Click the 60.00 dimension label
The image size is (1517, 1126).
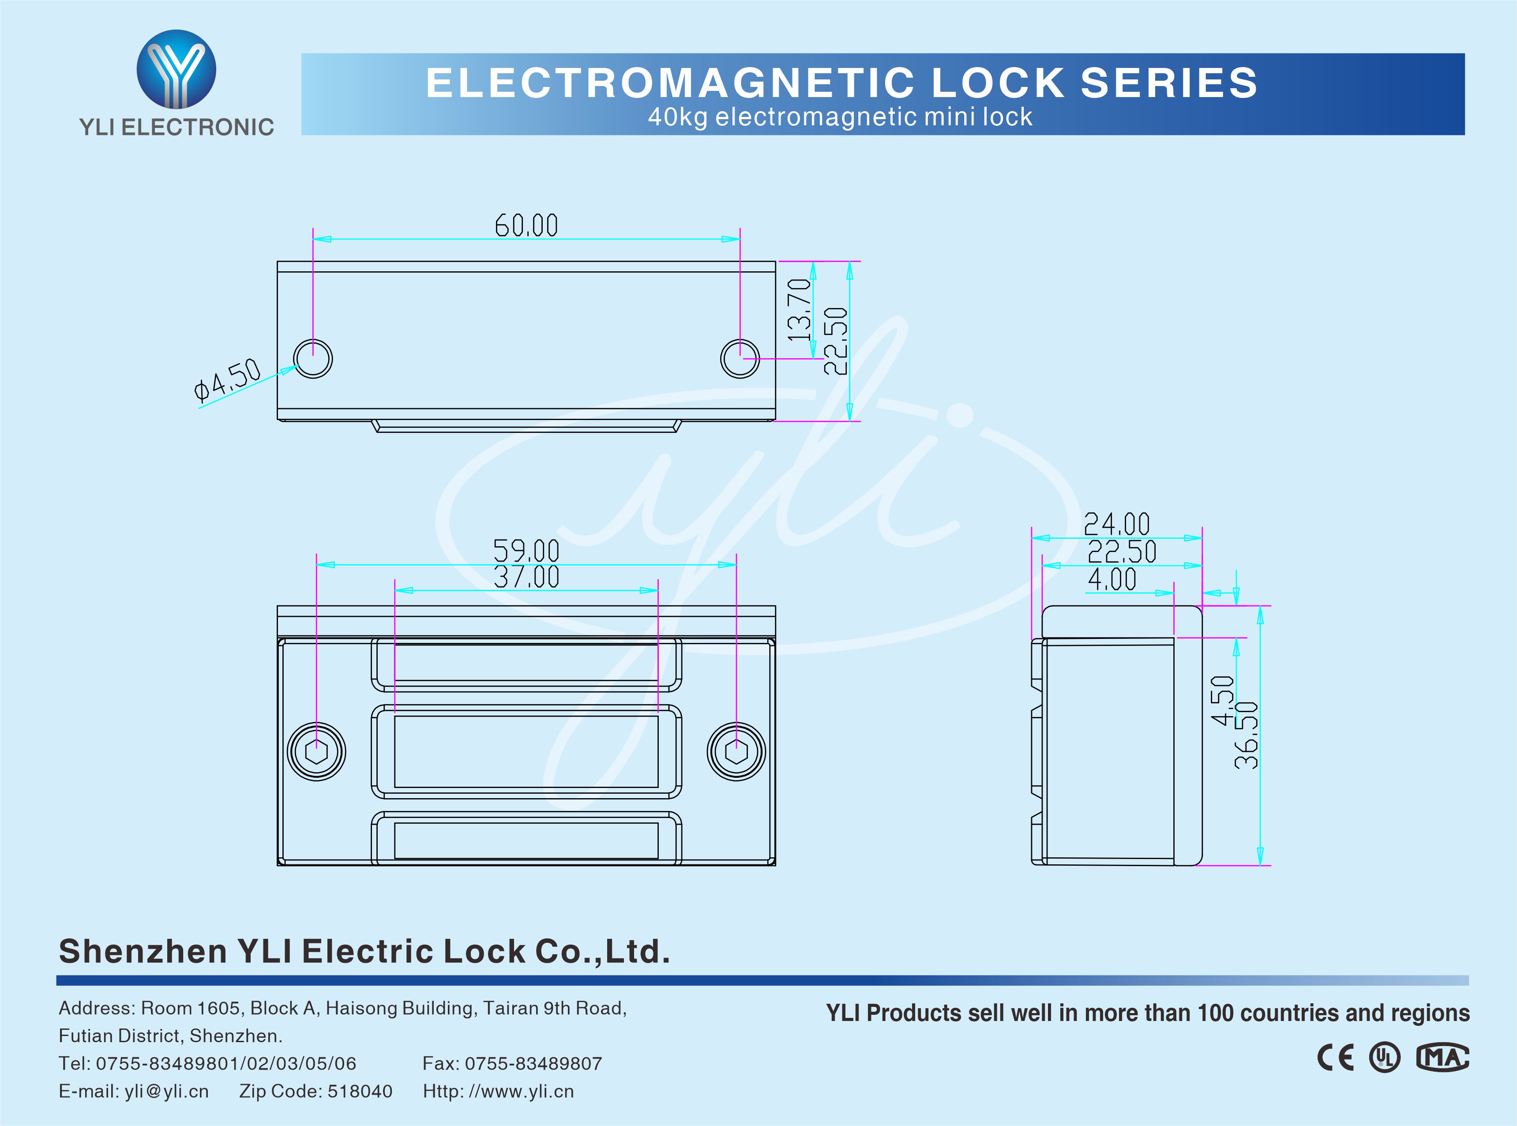(x=526, y=225)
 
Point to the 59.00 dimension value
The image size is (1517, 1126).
(x=526, y=551)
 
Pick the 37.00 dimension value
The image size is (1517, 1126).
(x=526, y=577)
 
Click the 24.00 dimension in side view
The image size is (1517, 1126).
(x=1116, y=525)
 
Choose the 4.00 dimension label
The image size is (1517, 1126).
(x=1111, y=579)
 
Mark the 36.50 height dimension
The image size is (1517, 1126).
(x=1247, y=735)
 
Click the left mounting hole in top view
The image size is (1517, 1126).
(x=313, y=359)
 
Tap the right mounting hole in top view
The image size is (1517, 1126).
(x=740, y=359)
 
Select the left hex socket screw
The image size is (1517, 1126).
(x=316, y=752)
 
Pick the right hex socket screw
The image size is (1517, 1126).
(x=736, y=752)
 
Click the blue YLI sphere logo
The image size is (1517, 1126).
(x=176, y=69)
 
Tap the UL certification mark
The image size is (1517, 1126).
(x=1385, y=1058)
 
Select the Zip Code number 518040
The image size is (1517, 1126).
(x=360, y=1091)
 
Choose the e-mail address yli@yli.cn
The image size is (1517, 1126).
(x=166, y=1091)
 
